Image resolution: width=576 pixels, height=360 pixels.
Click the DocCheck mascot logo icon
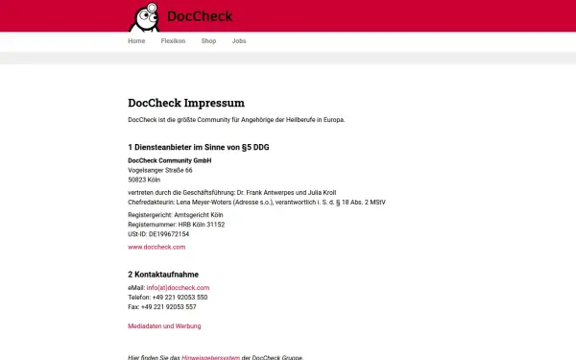146,16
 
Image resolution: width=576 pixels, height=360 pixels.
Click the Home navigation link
136,41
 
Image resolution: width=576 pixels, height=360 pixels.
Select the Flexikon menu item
173,41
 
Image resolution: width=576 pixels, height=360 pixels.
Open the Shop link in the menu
208,41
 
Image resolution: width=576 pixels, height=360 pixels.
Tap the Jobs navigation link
239,41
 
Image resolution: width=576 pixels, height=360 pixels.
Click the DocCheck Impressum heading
186,103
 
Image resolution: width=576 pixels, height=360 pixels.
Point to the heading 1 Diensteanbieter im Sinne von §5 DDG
203,146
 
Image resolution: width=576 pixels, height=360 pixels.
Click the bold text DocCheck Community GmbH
169,159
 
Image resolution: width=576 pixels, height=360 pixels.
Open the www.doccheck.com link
156,248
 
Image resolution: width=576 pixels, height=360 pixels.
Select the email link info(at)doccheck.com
180,288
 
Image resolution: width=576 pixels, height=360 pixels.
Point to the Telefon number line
167,298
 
